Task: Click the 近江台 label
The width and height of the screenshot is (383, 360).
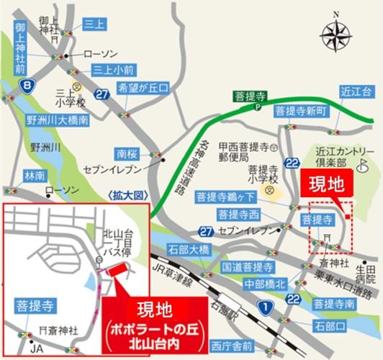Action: pyautogui.click(x=357, y=91)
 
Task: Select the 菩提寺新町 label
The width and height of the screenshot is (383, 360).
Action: pyautogui.click(x=301, y=112)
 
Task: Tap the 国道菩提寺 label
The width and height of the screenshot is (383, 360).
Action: pyautogui.click(x=248, y=266)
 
